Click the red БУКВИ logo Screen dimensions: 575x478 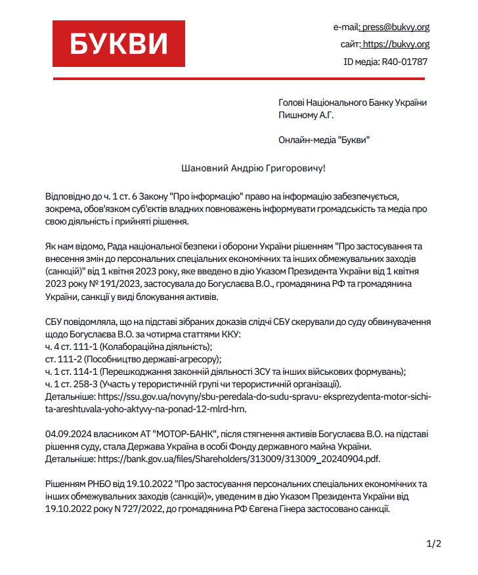119,44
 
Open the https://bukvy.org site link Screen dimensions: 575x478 396,44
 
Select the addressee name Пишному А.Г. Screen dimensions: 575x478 307,115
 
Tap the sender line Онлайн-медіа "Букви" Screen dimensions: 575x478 324,140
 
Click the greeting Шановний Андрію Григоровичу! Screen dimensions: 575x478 253,169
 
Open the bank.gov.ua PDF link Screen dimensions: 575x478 238,459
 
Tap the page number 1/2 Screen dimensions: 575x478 434,543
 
